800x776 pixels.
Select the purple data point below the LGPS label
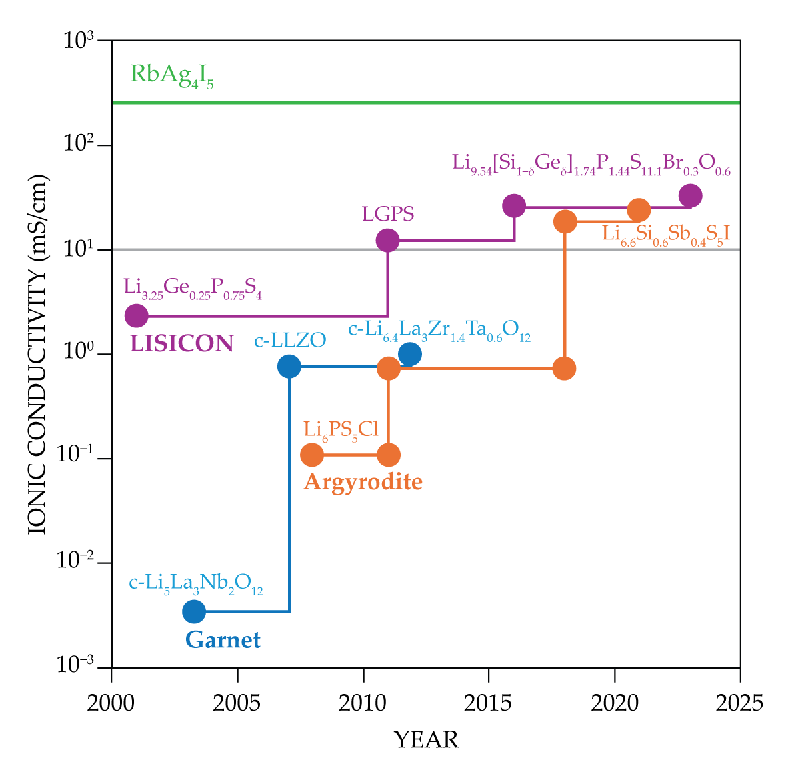pyautogui.click(x=387, y=240)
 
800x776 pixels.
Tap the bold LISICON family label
pyautogui.click(x=181, y=343)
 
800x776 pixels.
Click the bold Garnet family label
pyautogui.click(x=223, y=640)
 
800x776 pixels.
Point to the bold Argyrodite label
pyautogui.click(x=363, y=482)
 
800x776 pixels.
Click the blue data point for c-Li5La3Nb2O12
pyautogui.click(x=193, y=611)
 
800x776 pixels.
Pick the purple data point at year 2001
pyautogui.click(x=136, y=315)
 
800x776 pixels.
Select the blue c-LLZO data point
pyautogui.click(x=289, y=366)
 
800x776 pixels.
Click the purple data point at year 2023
pyautogui.click(x=690, y=196)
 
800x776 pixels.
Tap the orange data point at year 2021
pyautogui.click(x=639, y=210)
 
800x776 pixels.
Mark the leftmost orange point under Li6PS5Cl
pyautogui.click(x=312, y=455)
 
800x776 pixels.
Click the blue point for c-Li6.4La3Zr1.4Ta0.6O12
pyautogui.click(x=409, y=354)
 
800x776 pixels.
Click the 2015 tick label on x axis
pyautogui.click(x=489, y=703)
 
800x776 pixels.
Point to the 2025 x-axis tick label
pyautogui.click(x=739, y=703)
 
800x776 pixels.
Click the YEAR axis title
pyautogui.click(x=426, y=740)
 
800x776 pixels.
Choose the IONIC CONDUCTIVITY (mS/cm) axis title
pyautogui.click(x=38, y=354)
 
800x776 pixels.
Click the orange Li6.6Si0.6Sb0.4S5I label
pyautogui.click(x=666, y=234)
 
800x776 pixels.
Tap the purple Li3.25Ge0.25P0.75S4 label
pyautogui.click(x=193, y=288)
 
